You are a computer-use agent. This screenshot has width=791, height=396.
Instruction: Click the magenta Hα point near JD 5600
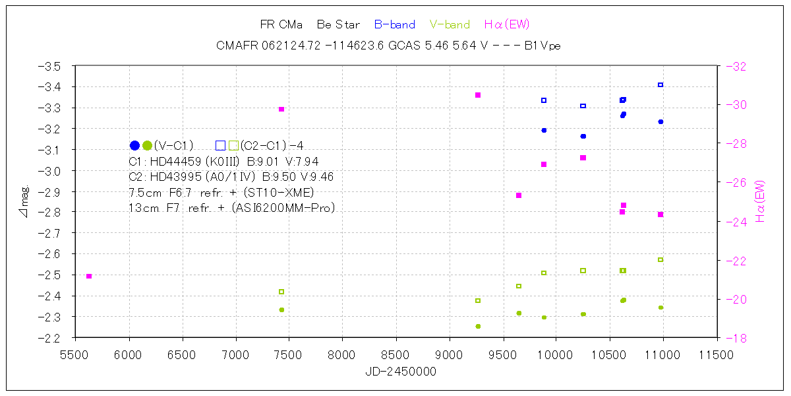[89, 276]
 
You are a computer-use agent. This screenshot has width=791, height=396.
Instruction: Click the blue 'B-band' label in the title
[394, 25]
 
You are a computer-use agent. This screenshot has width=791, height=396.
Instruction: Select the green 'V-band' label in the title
[450, 25]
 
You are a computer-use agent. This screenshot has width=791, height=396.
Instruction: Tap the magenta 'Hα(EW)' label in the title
[506, 25]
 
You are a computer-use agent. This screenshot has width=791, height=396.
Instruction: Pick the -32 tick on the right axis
[736, 66]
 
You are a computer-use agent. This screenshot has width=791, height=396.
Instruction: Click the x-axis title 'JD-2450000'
[401, 372]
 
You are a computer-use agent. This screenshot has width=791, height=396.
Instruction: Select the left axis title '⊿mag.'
[24, 201]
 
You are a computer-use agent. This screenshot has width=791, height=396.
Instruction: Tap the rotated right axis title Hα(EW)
[760, 201]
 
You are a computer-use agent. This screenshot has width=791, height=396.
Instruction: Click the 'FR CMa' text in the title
[281, 25]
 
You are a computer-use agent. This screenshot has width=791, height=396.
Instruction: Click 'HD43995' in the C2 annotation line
[175, 177]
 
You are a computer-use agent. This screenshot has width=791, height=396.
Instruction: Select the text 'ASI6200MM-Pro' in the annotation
[290, 208]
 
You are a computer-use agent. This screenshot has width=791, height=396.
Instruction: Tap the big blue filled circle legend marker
[134, 145]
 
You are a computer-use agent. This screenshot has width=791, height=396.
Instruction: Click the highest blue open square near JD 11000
[660, 84]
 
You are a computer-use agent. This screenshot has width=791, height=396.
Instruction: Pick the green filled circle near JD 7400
[281, 310]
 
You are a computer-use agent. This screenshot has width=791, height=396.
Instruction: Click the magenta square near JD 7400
[281, 109]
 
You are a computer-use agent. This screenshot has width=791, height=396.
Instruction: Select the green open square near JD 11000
[660, 259]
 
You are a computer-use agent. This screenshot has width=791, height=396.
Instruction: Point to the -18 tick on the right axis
[736, 338]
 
